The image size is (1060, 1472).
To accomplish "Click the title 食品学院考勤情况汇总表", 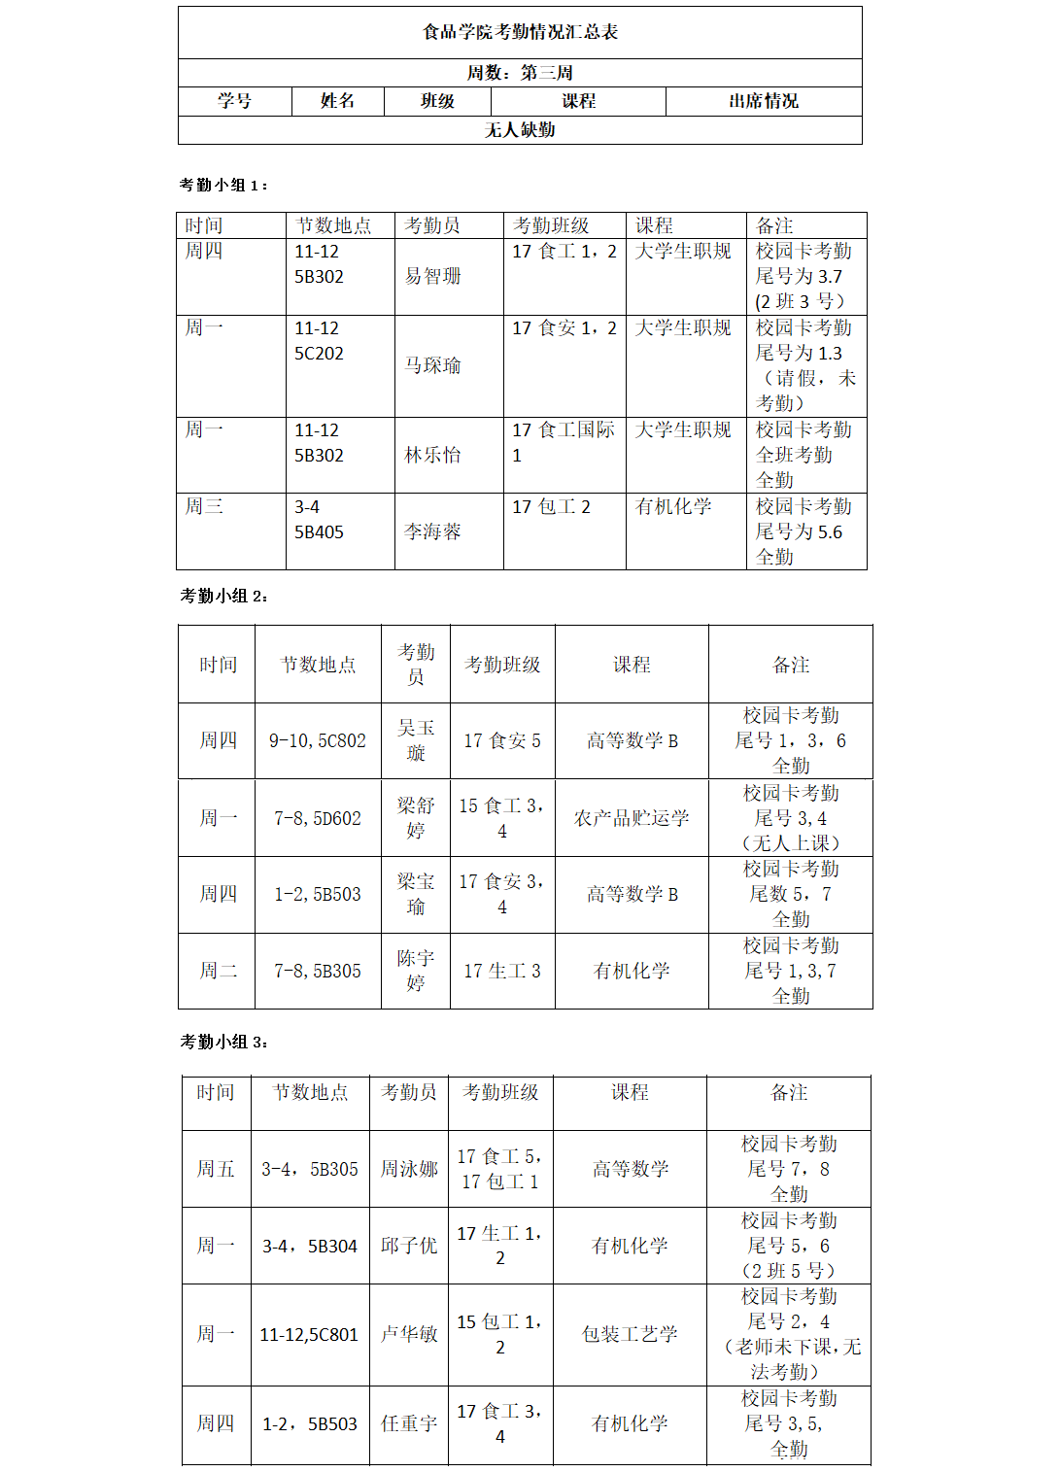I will pyautogui.click(x=520, y=32).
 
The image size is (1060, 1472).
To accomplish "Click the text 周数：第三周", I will pyautogui.click(x=520, y=73).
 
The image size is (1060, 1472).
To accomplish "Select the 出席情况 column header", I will pyautogui.click(x=764, y=101).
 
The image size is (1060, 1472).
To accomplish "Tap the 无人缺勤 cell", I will pyautogui.click(x=520, y=130).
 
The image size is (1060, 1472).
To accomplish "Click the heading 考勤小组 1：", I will pyautogui.click(x=223, y=185).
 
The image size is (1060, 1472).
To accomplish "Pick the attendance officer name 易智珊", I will pyautogui.click(x=433, y=276).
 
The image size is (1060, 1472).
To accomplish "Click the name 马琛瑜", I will pyautogui.click(x=433, y=365).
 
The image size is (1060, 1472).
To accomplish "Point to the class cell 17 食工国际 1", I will pyautogui.click(x=564, y=442).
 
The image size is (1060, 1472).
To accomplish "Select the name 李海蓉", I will pyautogui.click(x=433, y=531).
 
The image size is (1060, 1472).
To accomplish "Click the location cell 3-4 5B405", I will pyautogui.click(x=320, y=520).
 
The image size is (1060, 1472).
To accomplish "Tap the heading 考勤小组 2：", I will pyautogui.click(x=223, y=596).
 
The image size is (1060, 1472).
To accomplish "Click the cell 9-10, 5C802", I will pyautogui.click(x=318, y=740).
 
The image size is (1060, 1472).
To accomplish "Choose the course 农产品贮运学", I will pyautogui.click(x=632, y=818).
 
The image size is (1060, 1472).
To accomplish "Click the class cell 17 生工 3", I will pyautogui.click(x=502, y=971).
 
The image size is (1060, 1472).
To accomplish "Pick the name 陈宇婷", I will pyautogui.click(x=416, y=971).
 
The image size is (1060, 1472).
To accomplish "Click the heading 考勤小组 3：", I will pyautogui.click(x=223, y=1042).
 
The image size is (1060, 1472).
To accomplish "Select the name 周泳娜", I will pyautogui.click(x=409, y=1169).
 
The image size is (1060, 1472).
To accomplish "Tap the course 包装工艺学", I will pyautogui.click(x=630, y=1334).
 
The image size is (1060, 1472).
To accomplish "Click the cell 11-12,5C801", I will pyautogui.click(x=309, y=1335).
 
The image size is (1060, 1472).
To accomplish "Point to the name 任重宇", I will pyautogui.click(x=409, y=1423).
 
